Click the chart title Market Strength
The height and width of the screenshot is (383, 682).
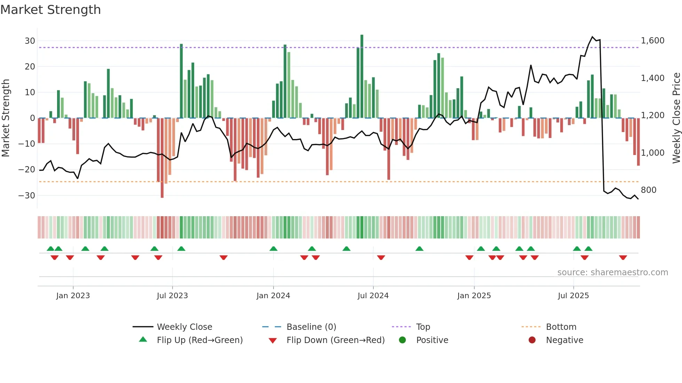pos(50,10)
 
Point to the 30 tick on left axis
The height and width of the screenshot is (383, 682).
pos(30,41)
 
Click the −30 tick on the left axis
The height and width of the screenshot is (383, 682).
pos(27,195)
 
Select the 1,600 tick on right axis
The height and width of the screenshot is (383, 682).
pos(652,41)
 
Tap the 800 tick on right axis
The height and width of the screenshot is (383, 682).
pos(648,190)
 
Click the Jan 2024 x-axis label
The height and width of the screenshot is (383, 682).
pos(273,295)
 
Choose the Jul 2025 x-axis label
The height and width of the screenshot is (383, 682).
pos(573,295)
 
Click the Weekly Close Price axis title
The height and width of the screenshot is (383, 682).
pos(676,118)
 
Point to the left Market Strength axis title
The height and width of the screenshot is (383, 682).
pos(6,118)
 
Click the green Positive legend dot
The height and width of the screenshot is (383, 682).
pos(402,340)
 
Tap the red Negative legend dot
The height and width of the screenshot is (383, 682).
pos(532,340)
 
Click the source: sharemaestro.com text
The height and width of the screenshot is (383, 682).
pos(612,272)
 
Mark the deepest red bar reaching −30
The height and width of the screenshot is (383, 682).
pos(162,158)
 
